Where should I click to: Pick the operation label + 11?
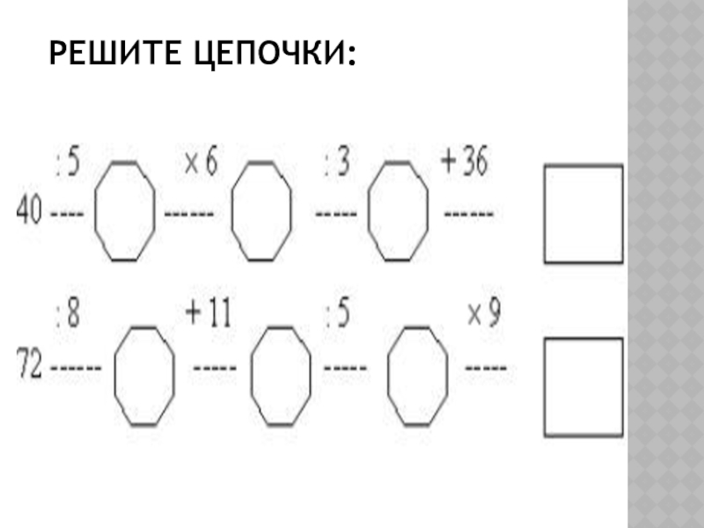click(x=208, y=313)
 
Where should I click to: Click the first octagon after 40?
click(x=125, y=211)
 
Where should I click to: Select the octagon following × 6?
click(x=260, y=211)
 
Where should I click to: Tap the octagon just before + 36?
click(x=398, y=209)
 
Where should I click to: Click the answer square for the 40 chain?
click(x=583, y=213)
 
